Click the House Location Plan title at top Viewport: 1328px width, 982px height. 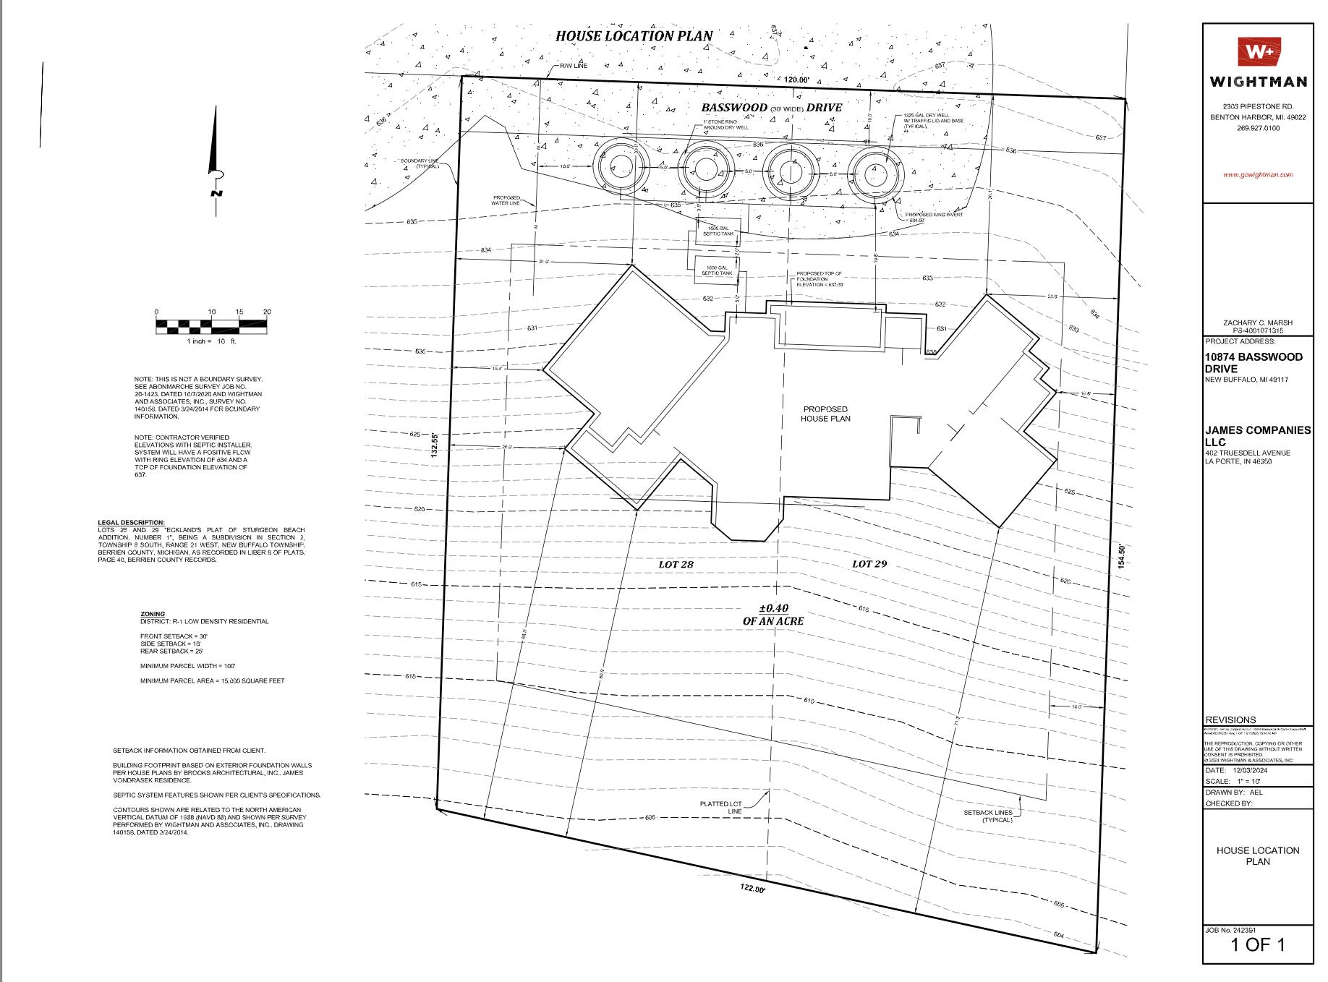click(x=634, y=35)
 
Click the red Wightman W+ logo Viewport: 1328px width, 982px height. click(x=1259, y=52)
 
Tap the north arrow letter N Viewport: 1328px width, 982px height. click(x=216, y=192)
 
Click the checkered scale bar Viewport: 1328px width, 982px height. click(x=211, y=326)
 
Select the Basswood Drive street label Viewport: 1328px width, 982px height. click(x=771, y=108)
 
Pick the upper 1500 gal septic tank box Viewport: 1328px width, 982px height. click(x=718, y=231)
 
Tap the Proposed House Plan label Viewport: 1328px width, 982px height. click(x=825, y=414)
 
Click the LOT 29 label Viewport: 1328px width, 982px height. click(x=869, y=563)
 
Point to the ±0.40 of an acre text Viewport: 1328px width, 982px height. click(x=772, y=615)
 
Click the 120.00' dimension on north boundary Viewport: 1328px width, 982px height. click(x=794, y=80)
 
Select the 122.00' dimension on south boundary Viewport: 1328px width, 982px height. click(x=751, y=889)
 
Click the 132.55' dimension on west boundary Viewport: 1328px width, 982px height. click(x=435, y=445)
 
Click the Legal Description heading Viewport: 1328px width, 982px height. click(x=131, y=522)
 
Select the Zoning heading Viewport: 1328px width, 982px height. click(x=152, y=614)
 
